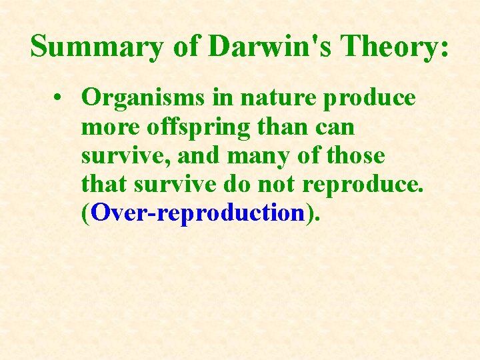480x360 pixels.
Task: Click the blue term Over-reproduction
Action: click(197, 213)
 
